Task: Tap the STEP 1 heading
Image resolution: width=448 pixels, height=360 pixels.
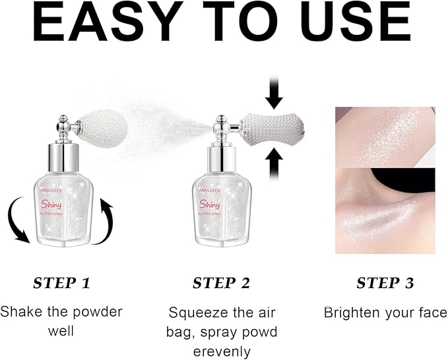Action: coord(61,283)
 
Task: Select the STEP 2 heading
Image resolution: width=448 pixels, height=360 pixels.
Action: coord(221,283)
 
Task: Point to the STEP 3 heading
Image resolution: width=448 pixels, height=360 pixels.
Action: coord(385,283)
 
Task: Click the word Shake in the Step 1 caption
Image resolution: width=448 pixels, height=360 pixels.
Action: coord(19,311)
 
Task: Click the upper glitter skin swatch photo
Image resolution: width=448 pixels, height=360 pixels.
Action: coord(385,135)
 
